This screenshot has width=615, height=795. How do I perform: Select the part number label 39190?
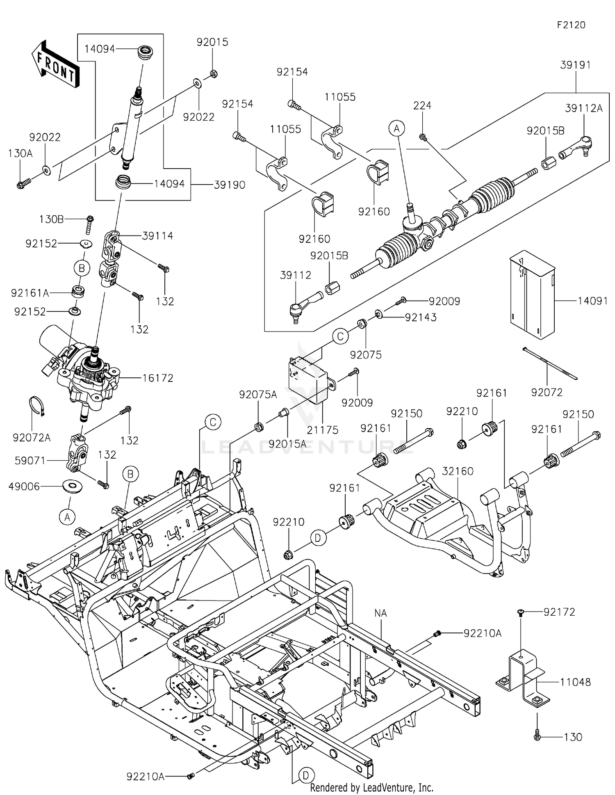coord(230,185)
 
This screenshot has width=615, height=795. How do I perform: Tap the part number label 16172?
coord(157,378)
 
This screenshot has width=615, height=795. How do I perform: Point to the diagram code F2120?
coord(571,25)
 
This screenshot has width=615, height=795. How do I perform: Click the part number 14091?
coord(593,301)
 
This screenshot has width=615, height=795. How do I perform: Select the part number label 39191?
coord(576,65)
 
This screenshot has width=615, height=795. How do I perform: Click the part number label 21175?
coord(323,430)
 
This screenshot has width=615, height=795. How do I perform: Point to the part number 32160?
coord(458,471)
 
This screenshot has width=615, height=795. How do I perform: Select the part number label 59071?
coord(30,461)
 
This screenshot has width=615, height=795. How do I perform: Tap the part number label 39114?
coord(157,236)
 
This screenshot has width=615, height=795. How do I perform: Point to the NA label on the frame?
coord(380,613)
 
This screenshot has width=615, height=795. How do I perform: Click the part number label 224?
coord(422,105)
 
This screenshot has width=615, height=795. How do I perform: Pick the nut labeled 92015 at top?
coord(213,74)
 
